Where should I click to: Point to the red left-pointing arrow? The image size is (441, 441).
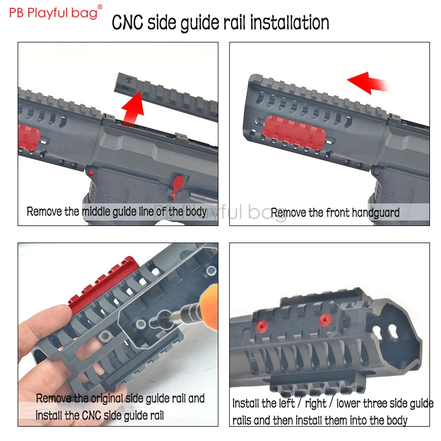pos(367,83)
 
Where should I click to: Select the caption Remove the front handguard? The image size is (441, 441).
pos(335,212)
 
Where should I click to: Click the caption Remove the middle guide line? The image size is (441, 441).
pos(117,211)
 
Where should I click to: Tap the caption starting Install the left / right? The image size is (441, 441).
pos(332,412)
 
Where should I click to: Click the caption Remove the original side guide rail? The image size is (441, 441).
pos(120,406)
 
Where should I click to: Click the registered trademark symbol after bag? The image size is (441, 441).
pos(100,7)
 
